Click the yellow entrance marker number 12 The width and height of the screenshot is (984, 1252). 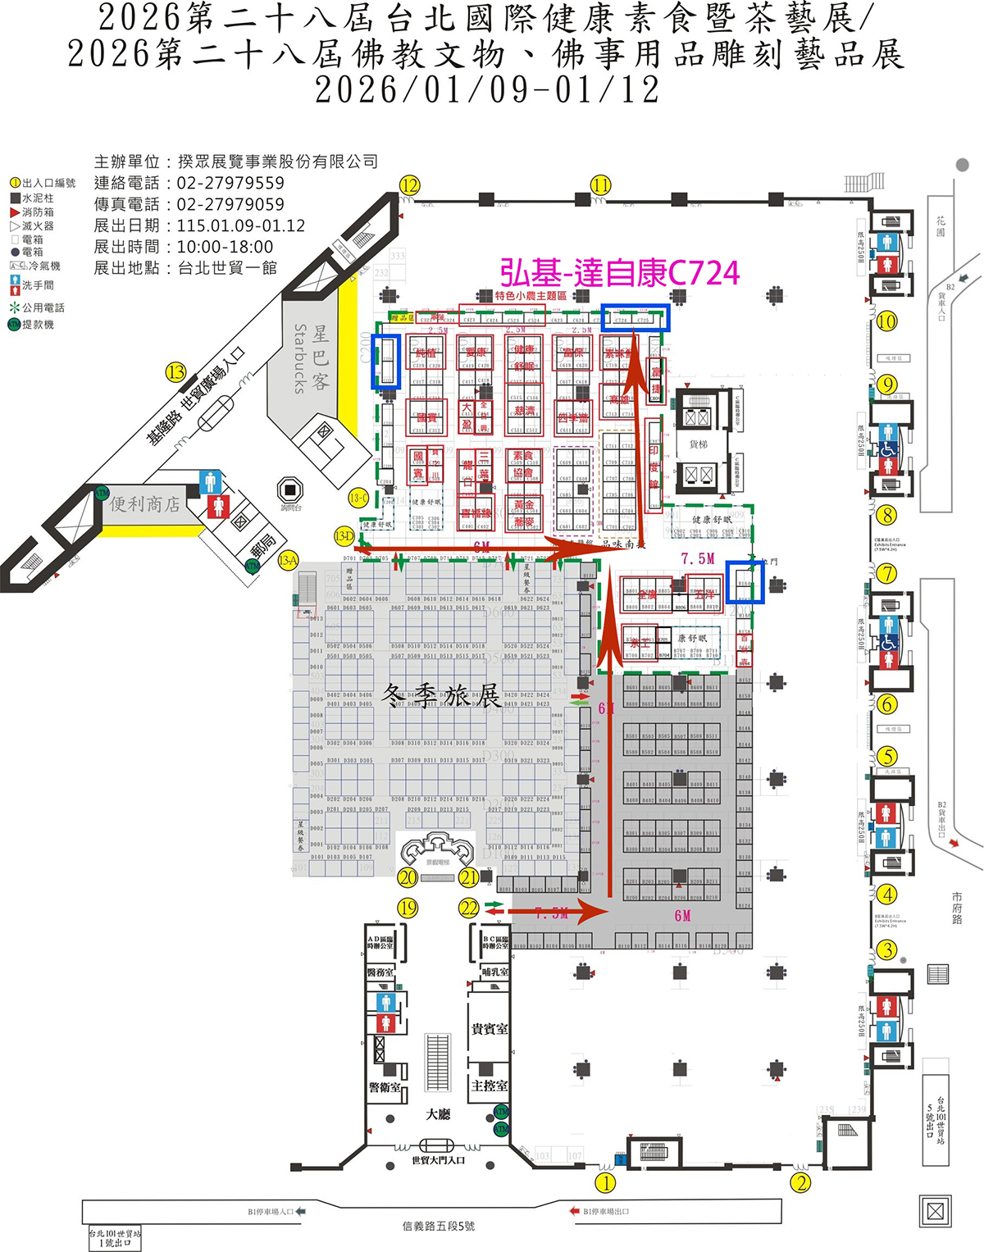coord(409,185)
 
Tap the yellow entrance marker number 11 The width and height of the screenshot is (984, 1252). coord(601,184)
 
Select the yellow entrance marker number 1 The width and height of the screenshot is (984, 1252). coord(605,1182)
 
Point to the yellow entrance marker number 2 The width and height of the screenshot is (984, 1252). coord(800,1182)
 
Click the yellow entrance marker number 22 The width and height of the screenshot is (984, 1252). coord(468,908)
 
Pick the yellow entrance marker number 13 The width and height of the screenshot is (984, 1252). coord(176,372)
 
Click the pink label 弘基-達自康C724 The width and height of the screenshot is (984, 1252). coord(620,274)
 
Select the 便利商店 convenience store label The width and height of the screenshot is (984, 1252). coord(145,503)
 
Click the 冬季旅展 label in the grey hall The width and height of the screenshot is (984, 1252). coord(442,695)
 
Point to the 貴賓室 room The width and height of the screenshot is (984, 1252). coord(490,1028)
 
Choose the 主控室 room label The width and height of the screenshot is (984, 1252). coord(490,1086)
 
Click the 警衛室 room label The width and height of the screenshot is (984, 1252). coord(385,1087)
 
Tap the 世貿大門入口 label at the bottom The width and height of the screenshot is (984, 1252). coord(439,1160)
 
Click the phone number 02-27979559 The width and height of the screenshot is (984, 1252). coord(230,183)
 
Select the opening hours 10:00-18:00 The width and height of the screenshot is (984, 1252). coord(225,247)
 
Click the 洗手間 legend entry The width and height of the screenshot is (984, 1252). coord(38,285)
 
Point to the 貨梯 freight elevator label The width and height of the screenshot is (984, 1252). coord(698,444)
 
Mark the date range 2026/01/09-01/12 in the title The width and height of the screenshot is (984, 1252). coord(487,89)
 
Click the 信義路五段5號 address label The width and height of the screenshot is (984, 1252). coord(439,1226)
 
